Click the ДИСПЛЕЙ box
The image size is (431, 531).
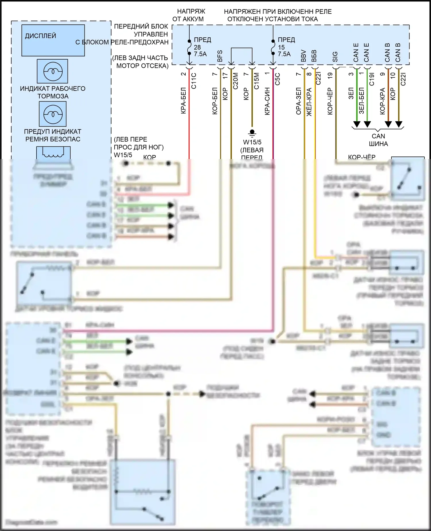point(53,40)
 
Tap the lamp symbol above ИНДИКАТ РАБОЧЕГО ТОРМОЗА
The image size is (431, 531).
point(53,71)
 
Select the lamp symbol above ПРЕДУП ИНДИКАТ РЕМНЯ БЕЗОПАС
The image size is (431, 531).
point(53,114)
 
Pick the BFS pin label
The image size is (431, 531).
point(220,56)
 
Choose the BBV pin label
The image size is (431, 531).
point(304,56)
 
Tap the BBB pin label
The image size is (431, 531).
point(314,56)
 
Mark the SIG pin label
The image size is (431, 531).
point(335,57)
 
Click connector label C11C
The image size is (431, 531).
point(194,81)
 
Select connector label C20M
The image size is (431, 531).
point(236,81)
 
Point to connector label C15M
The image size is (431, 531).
point(257,81)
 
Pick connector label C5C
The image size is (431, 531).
point(278,79)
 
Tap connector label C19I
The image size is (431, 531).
point(372,79)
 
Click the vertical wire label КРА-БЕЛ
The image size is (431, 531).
point(184,101)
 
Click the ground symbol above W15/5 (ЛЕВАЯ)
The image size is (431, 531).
point(252,133)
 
